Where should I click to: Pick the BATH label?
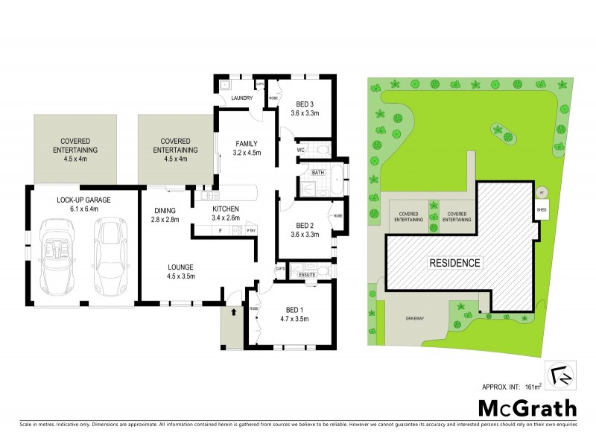318,173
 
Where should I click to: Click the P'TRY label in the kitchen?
250,230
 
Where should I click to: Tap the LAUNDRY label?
243,98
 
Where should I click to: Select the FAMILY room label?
246,143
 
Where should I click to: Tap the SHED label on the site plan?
541,209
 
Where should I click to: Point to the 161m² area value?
530,386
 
